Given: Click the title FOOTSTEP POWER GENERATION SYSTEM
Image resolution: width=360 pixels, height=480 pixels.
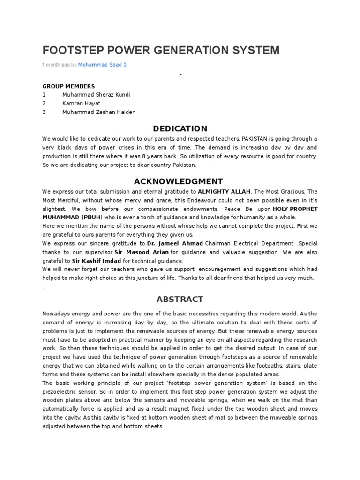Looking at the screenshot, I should click(161, 50).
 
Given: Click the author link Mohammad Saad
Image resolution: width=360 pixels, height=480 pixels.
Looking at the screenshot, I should click(99, 65).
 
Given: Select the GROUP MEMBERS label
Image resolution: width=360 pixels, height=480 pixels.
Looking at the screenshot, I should click(68, 86).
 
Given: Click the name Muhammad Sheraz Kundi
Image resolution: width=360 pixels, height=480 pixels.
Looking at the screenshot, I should click(96, 95).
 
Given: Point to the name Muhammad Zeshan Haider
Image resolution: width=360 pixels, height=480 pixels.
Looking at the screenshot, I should click(98, 112).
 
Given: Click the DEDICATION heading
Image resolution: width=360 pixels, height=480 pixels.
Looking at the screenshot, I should click(180, 128).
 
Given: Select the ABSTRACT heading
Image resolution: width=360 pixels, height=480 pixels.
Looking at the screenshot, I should click(180, 299).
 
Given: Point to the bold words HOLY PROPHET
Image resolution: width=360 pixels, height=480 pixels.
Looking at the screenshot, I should click(295, 209).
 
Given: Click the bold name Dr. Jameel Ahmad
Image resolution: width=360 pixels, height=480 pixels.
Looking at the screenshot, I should click(175, 244).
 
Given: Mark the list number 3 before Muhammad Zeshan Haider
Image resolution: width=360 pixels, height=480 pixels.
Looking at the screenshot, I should click(44, 112).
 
